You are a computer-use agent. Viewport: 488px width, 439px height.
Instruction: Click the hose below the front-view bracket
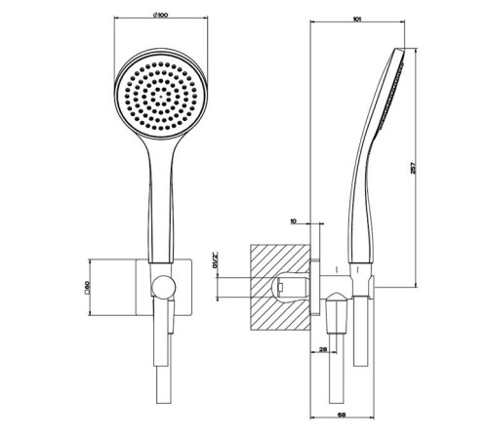point(163,380)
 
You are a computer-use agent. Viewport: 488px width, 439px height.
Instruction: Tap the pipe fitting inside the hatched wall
point(285,287)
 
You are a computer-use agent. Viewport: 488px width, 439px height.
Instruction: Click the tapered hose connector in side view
point(339,318)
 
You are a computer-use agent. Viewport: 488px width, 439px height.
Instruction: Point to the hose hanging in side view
point(339,380)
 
